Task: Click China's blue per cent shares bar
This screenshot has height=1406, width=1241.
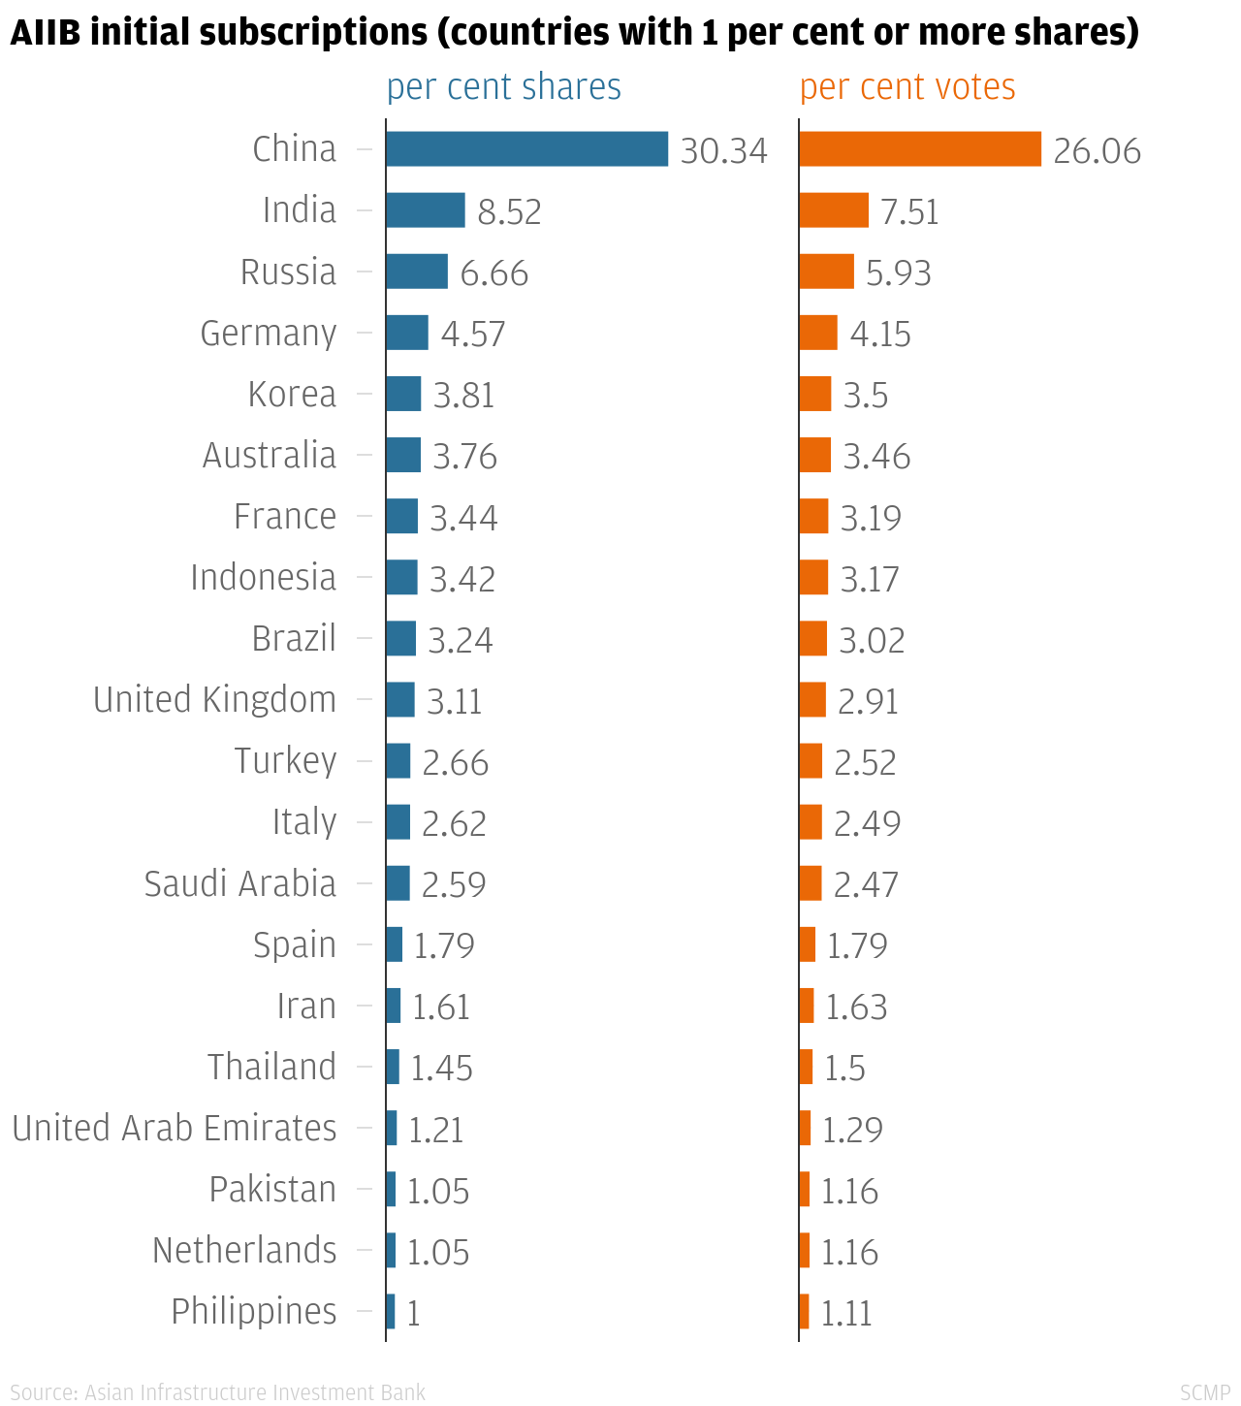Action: pyautogui.click(x=526, y=149)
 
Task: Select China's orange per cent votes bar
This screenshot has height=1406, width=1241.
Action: pyautogui.click(x=920, y=149)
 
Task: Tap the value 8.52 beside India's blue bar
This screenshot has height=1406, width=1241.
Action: pyautogui.click(x=509, y=211)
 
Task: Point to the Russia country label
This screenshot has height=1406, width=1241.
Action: pyautogui.click(x=288, y=272)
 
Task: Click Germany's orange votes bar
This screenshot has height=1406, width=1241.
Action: pyautogui.click(x=818, y=333)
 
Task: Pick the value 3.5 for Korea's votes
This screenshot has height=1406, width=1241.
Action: pyautogui.click(x=865, y=396)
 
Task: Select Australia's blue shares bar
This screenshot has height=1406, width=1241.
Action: pyautogui.click(x=403, y=455)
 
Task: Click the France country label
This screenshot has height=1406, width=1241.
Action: pyautogui.click(x=285, y=517)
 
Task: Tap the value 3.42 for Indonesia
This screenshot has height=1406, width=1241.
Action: pyautogui.click(x=461, y=579)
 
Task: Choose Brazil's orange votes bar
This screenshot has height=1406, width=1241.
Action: pyautogui.click(x=813, y=639)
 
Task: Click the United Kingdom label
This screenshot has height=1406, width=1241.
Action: pyautogui.click(x=214, y=700)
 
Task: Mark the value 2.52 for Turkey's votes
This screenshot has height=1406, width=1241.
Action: pyautogui.click(x=865, y=762)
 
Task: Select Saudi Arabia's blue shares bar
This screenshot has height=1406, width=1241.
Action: pyautogui.click(x=398, y=883)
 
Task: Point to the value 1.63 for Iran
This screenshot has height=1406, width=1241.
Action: pyautogui.click(x=855, y=1007)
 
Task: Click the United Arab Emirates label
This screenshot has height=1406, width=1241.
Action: pyautogui.click(x=175, y=1129)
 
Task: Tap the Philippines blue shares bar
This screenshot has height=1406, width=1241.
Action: pyautogui.click(x=391, y=1312)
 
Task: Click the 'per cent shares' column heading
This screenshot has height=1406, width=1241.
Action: pyautogui.click(x=503, y=87)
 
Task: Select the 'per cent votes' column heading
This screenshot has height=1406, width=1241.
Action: pyautogui.click(x=907, y=87)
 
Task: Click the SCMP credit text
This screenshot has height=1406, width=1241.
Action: pyautogui.click(x=1204, y=1393)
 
